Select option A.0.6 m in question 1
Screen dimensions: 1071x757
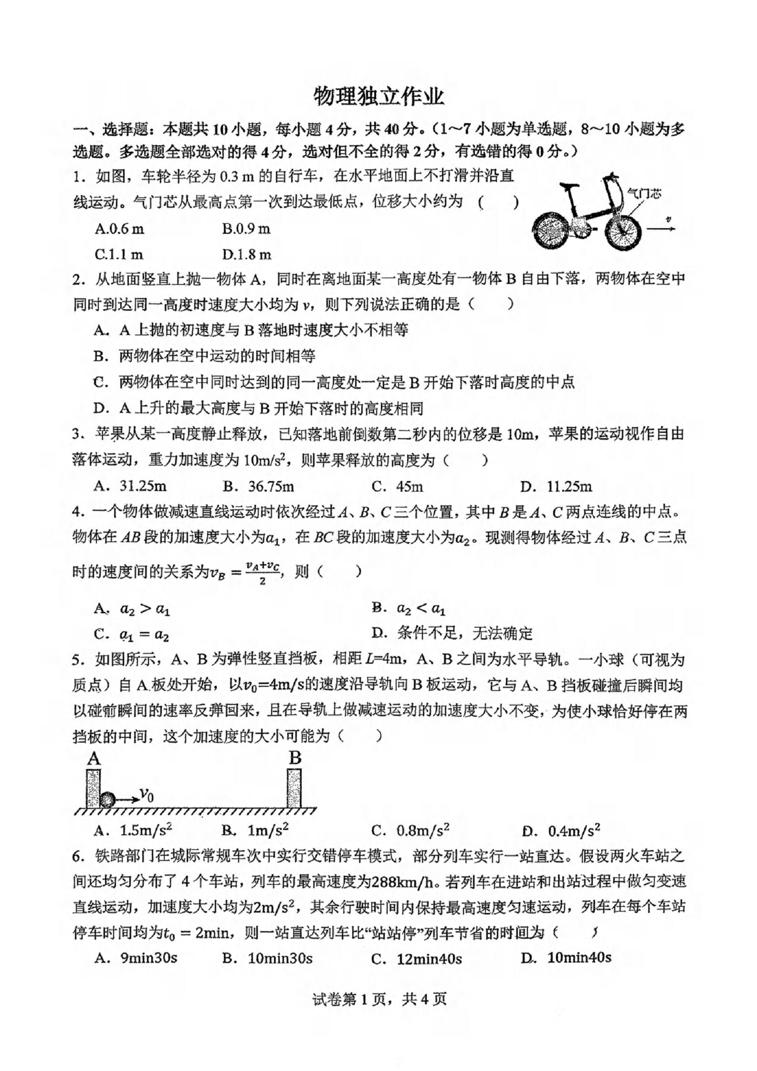tap(119, 229)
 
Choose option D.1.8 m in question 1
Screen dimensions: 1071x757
tap(246, 254)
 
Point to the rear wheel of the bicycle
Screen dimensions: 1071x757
tap(551, 232)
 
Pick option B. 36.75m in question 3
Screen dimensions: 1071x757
tap(258, 486)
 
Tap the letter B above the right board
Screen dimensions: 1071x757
tap(295, 758)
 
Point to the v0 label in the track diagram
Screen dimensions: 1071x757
tap(146, 794)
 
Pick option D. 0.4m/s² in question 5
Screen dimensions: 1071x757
tap(561, 830)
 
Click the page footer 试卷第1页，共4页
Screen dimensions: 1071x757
tap(379, 999)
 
